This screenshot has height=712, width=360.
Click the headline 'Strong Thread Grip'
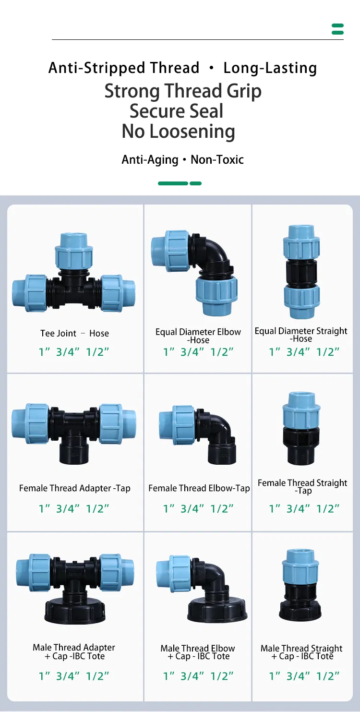pyautogui.click(x=183, y=91)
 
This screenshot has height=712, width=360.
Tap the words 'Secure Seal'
pyautogui.click(x=176, y=111)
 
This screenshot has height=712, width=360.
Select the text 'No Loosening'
pyautogui.click(x=178, y=131)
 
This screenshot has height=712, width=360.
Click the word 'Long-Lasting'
pyautogui.click(x=270, y=68)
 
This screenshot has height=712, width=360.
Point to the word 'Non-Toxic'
pyautogui.click(x=217, y=159)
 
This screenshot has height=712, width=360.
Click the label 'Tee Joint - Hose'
pyautogui.click(x=74, y=333)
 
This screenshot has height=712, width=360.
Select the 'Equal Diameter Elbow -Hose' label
pyautogui.click(x=198, y=336)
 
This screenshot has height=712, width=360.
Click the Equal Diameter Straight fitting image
pyautogui.click(x=301, y=272)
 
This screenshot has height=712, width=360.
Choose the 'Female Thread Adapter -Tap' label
pyautogui.click(x=74, y=488)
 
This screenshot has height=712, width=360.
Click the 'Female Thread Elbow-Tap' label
pyautogui.click(x=199, y=488)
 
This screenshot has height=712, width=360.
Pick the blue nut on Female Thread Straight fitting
pyautogui.click(x=301, y=410)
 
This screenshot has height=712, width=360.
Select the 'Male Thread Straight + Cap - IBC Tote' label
pyautogui.click(x=301, y=652)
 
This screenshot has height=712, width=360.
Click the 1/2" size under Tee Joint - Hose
pyautogui.click(x=97, y=351)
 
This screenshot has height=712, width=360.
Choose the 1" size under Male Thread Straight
pyautogui.click(x=275, y=676)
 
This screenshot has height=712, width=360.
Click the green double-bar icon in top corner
pyautogui.click(x=337, y=29)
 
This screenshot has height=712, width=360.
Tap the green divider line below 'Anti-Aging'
pyautogui.click(x=180, y=183)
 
